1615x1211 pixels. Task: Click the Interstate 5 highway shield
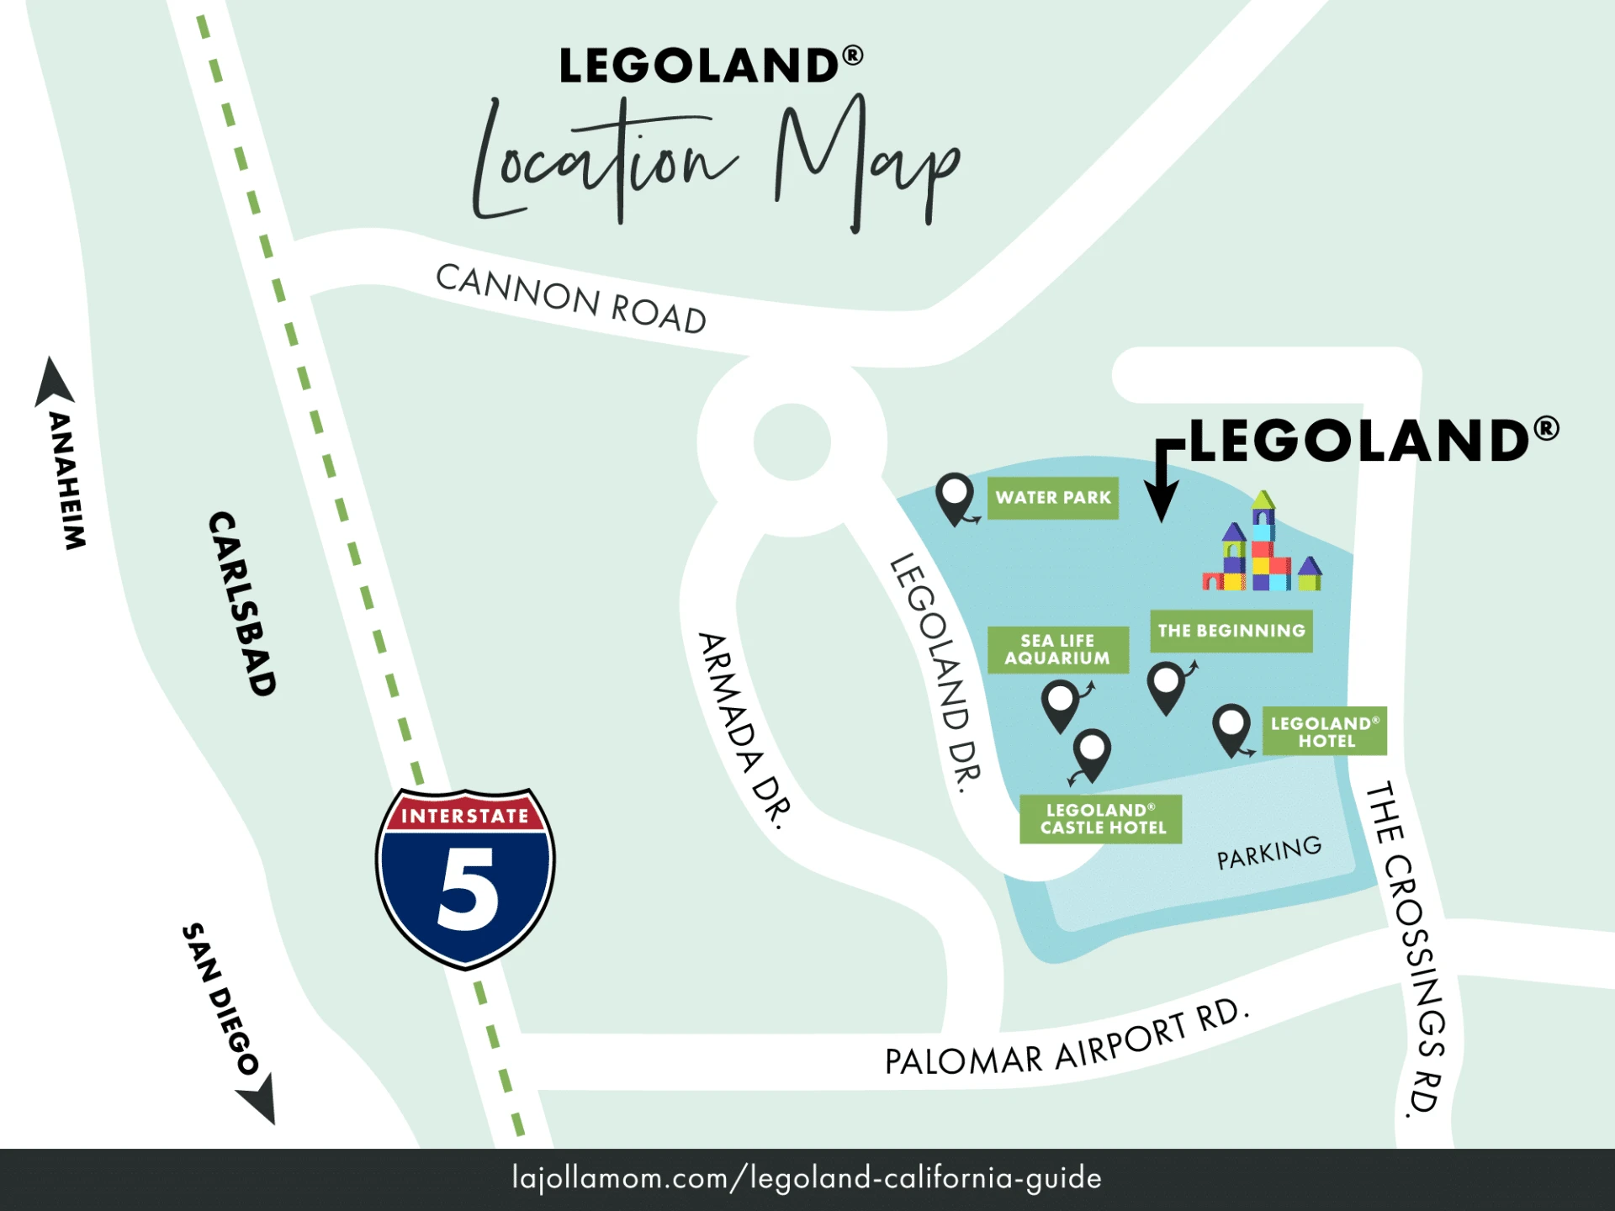pyautogui.click(x=465, y=878)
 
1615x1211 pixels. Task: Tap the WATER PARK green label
pyautogui.click(x=1052, y=498)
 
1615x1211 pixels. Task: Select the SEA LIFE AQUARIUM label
pyautogui.click(x=1057, y=649)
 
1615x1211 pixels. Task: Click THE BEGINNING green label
pyautogui.click(x=1231, y=631)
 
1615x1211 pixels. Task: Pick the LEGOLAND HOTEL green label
pyautogui.click(x=1324, y=732)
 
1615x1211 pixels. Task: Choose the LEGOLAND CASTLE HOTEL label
pyautogui.click(x=1101, y=819)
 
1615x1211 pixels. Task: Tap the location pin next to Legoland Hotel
pyautogui.click(x=1231, y=728)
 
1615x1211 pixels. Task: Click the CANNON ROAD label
pyautogui.click(x=571, y=299)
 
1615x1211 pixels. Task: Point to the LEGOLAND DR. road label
pyautogui.click(x=935, y=673)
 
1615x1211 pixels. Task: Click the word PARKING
pyautogui.click(x=1268, y=853)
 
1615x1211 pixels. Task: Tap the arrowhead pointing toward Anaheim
pyautogui.click(x=54, y=383)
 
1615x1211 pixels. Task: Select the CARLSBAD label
pyautogui.click(x=242, y=604)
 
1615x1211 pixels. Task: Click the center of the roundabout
pyautogui.click(x=792, y=442)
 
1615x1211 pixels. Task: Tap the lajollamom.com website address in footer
pyautogui.click(x=807, y=1178)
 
